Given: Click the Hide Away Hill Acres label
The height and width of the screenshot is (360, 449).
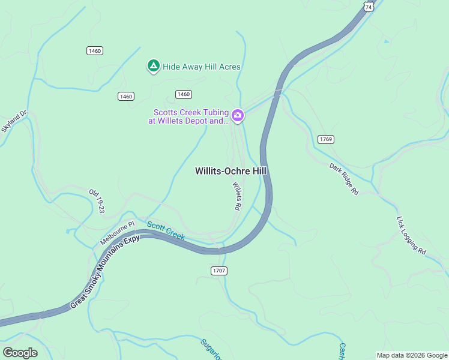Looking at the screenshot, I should click(x=201, y=67).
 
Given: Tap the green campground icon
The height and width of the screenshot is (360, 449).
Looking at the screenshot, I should click(x=153, y=66).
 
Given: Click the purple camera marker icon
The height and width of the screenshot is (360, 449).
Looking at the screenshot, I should click(x=238, y=115).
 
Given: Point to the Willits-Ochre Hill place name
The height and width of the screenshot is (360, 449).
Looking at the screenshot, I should click(x=231, y=171).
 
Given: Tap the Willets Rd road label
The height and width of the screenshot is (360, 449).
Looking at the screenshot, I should click(x=237, y=196).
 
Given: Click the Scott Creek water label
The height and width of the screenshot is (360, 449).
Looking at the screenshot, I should click(x=166, y=230).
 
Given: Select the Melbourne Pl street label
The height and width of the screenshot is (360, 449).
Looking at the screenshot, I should click(x=118, y=233).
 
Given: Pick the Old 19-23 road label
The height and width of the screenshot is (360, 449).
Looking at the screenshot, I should click(x=97, y=201).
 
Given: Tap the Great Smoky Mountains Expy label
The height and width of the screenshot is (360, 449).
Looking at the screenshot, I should click(x=105, y=271).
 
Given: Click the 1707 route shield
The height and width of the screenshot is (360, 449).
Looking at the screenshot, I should click(x=219, y=271).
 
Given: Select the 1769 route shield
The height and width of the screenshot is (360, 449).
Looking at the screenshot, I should click(x=326, y=139).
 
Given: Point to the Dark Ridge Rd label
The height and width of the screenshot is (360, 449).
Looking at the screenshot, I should click(x=343, y=179).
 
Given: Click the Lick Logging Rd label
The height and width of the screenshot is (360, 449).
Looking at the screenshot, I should click(x=411, y=236).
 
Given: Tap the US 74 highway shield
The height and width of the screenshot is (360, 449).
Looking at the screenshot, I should click(x=369, y=6).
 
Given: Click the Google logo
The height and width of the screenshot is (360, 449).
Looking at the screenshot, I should click(x=20, y=352).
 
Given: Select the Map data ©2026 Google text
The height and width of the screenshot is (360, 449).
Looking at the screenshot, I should click(x=412, y=355).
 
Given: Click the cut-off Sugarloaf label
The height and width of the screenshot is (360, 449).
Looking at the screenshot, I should click(x=211, y=349).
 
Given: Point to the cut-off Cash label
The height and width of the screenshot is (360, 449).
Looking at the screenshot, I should click(x=342, y=351).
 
